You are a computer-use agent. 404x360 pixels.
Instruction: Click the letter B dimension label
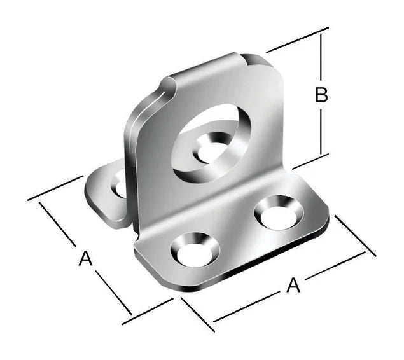pyautogui.click(x=321, y=95)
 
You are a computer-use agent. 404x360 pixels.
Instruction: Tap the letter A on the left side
pyautogui.click(x=85, y=259)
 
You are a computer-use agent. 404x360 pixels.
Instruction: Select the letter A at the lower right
pyautogui.click(x=293, y=285)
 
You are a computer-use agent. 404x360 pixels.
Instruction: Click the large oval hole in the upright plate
pyautogui.click(x=211, y=144)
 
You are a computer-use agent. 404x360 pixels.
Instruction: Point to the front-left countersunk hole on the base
pyautogui.click(x=195, y=250)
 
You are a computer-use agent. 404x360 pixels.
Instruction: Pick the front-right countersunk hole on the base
pyautogui.click(x=279, y=212)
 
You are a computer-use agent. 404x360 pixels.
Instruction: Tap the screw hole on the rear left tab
pyautogui.click(x=119, y=187)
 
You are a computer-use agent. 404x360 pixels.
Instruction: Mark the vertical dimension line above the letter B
pyautogui.click(x=321, y=57)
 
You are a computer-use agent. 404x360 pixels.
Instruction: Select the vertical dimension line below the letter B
pyautogui.click(x=321, y=131)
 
